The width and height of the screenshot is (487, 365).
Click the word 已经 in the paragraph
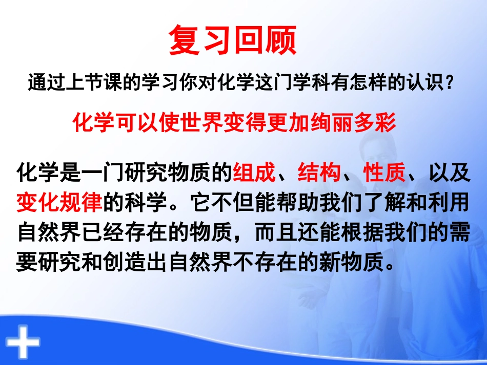(x=103, y=232)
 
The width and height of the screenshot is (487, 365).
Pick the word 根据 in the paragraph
(x=362, y=232)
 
